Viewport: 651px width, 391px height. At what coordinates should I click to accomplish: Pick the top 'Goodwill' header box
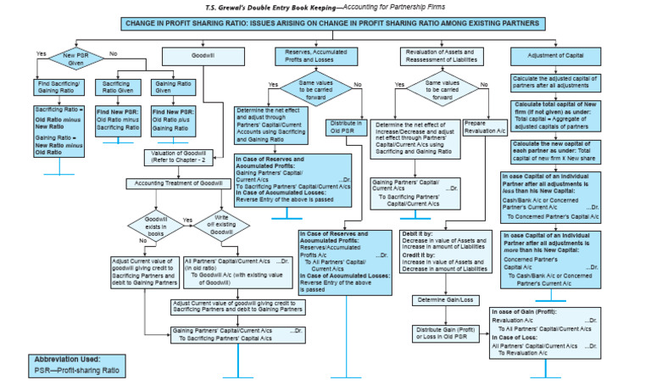pyautogui.click(x=203, y=56)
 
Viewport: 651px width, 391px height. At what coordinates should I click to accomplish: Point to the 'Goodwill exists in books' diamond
pyautogui.click(x=148, y=226)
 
